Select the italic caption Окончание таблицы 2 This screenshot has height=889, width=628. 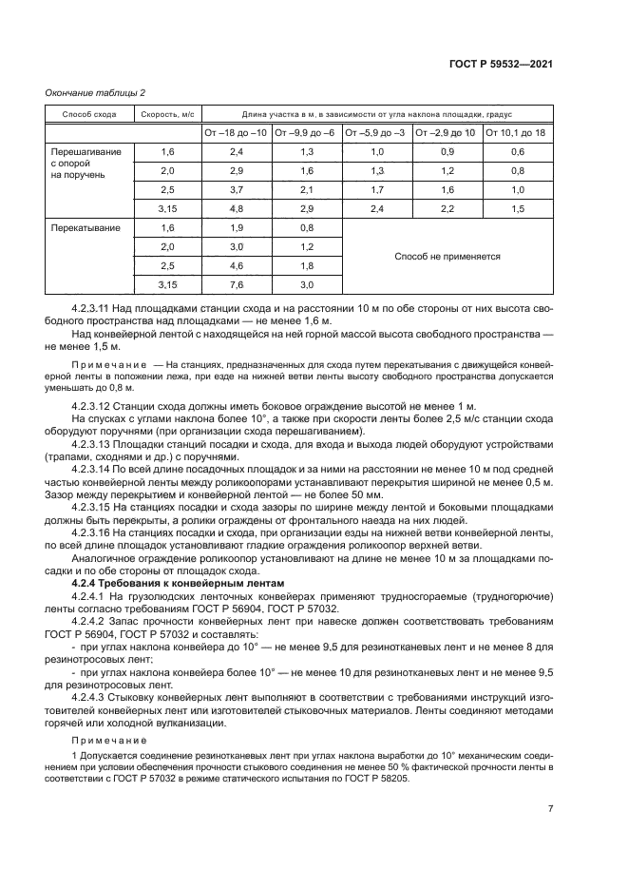[95, 92]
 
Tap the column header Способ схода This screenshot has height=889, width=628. [89, 114]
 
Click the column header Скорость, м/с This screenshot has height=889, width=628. [167, 114]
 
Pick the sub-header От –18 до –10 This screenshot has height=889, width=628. [237, 133]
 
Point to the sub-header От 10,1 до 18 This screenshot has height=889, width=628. [516, 133]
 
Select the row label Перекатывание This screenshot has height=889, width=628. [77, 228]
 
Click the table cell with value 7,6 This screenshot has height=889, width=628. [237, 284]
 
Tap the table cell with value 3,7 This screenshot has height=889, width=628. [237, 190]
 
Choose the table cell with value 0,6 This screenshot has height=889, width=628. [517, 152]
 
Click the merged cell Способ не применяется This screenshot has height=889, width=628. [447, 257]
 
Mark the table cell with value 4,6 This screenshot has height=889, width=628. [237, 266]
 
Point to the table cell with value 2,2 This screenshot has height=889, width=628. [447, 209]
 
